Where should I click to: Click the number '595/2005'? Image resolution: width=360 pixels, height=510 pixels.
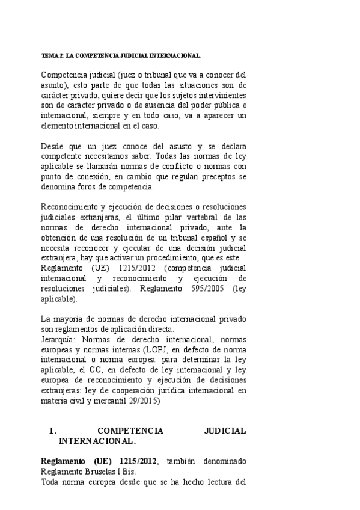point(205,288)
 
